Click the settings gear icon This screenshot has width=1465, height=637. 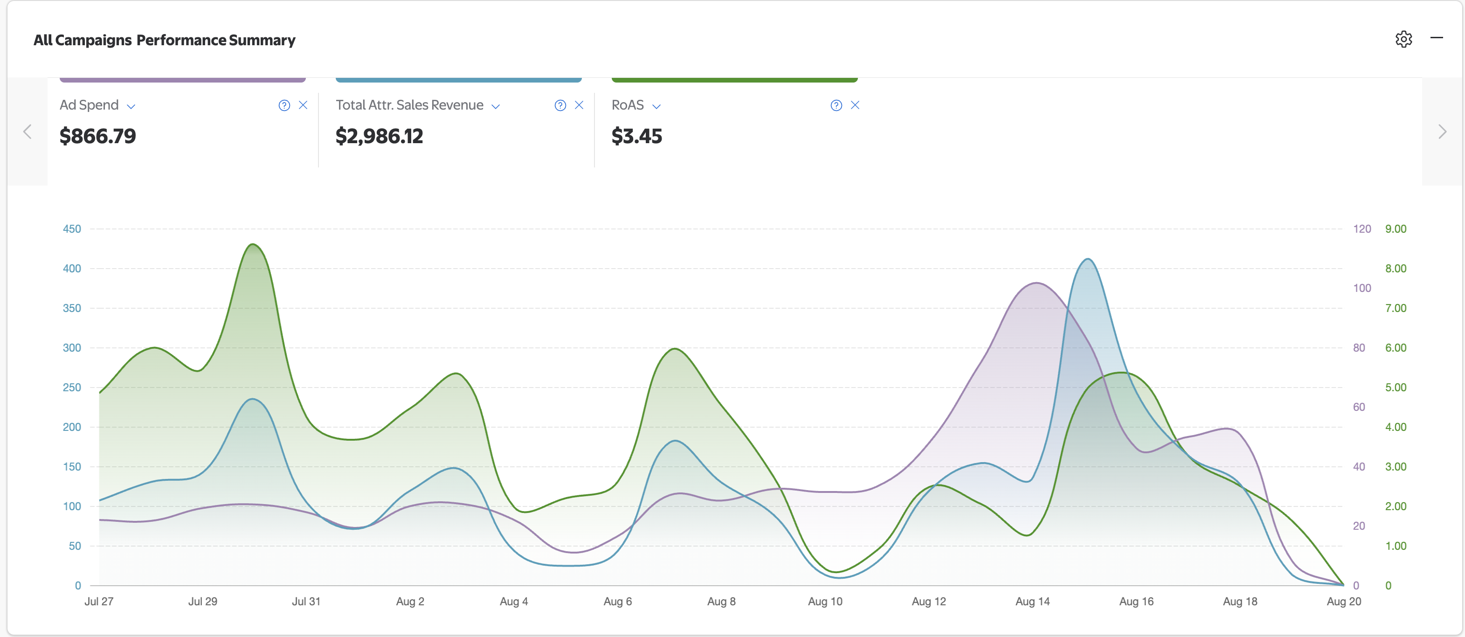pyautogui.click(x=1403, y=39)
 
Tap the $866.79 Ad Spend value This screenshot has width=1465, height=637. pyautogui.click(x=98, y=136)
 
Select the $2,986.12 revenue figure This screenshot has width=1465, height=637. pyautogui.click(x=380, y=136)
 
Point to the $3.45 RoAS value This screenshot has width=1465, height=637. pyautogui.click(x=636, y=136)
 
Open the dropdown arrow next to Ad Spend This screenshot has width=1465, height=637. pyautogui.click(x=131, y=106)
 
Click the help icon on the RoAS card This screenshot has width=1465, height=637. pyautogui.click(x=836, y=105)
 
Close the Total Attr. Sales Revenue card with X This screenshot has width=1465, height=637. pyautogui.click(x=579, y=105)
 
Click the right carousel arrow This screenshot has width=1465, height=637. pyautogui.click(x=1442, y=132)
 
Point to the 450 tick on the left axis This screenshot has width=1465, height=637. pyautogui.click(x=72, y=228)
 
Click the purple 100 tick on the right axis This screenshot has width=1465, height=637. pyautogui.click(x=1361, y=288)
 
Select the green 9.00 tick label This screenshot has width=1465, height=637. pyautogui.click(x=1396, y=228)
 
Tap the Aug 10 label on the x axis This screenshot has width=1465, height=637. pyautogui.click(x=825, y=601)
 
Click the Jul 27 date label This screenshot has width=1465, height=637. pyautogui.click(x=99, y=601)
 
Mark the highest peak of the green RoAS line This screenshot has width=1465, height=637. pyautogui.click(x=253, y=244)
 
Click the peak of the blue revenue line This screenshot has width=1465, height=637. pyautogui.click(x=1087, y=259)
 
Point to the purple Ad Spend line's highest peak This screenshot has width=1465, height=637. pyautogui.click(x=1036, y=283)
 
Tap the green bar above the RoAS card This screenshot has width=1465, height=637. pyautogui.click(x=734, y=80)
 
